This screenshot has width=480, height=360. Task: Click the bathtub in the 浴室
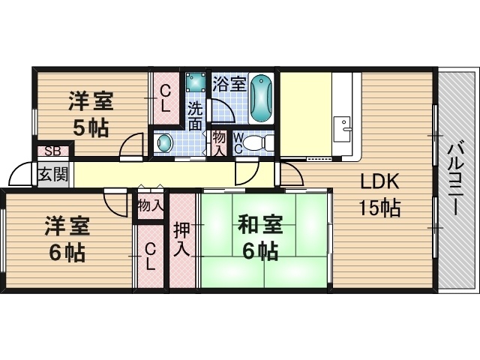pyautogui.click(x=261, y=98)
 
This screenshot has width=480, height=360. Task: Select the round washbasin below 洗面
pyautogui.click(x=165, y=143)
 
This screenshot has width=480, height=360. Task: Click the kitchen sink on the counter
pyautogui.click(x=342, y=129)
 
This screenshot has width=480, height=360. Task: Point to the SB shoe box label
pyautogui.click(x=52, y=151)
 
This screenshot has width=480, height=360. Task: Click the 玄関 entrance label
pyautogui.click(x=52, y=175)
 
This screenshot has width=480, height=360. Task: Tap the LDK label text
pyautogui.click(x=379, y=181)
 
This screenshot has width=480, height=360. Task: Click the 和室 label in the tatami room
pyautogui.click(x=260, y=225)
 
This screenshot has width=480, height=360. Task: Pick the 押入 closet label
pyautogui.click(x=181, y=239)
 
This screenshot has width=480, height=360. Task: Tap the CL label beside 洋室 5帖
pyautogui.click(x=165, y=98)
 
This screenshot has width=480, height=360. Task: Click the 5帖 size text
pyautogui.click(x=91, y=127)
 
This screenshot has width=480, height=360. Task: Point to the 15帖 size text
pyautogui.click(x=379, y=208)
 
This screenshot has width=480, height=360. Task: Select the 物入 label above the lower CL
pyautogui.click(x=150, y=205)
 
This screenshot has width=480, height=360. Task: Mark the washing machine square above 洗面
pyautogui.click(x=196, y=82)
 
